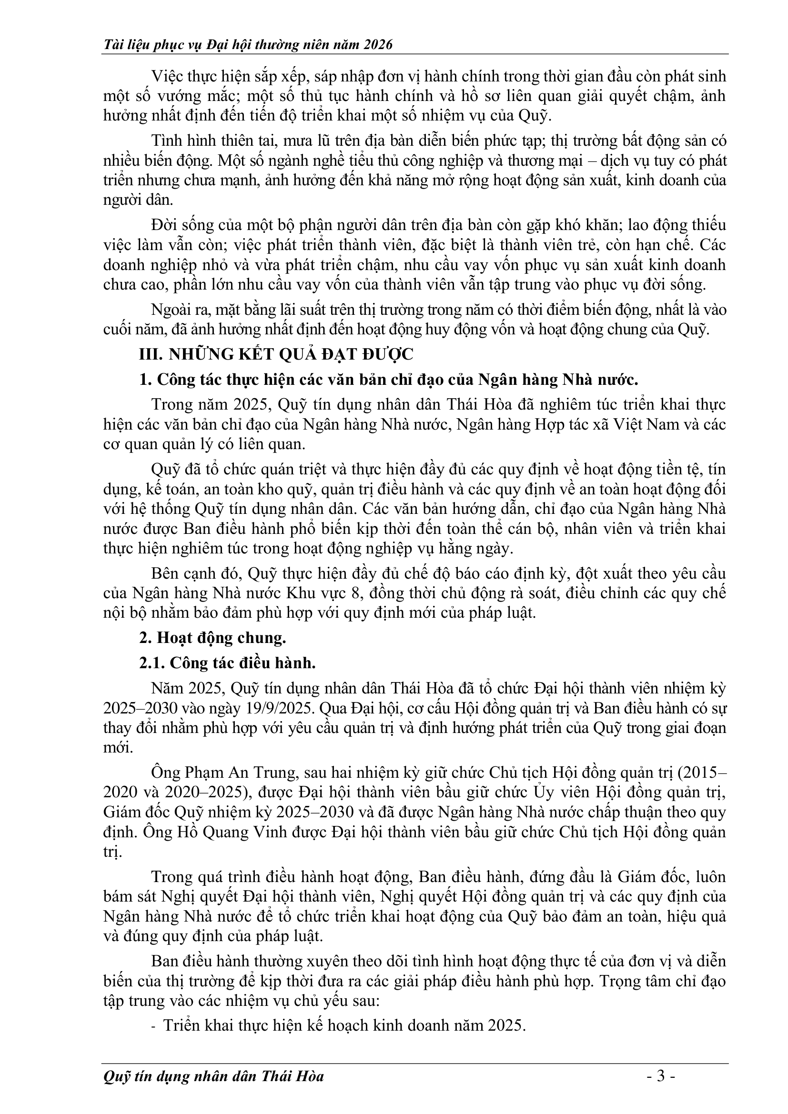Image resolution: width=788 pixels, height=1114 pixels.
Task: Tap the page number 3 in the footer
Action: pos(660,1077)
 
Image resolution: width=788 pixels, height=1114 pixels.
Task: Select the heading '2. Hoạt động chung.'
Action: pos(212,638)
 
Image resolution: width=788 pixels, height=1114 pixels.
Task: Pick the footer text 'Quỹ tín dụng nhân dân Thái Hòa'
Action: pos(213,1077)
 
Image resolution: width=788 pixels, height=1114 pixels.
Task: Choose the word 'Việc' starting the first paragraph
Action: pos(167,76)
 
